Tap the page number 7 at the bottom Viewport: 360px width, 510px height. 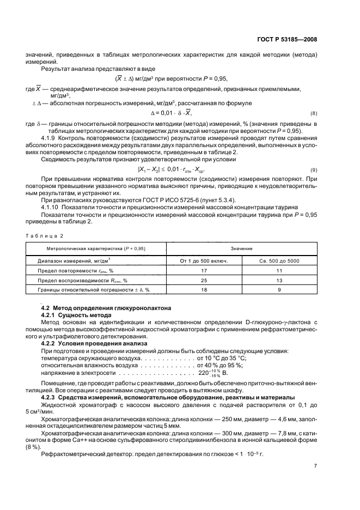click(315, 466)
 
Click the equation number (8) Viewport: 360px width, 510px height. click(313, 113)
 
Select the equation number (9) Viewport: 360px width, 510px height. click(313, 171)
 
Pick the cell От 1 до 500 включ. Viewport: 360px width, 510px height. click(203, 261)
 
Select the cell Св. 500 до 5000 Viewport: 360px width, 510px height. click(278, 261)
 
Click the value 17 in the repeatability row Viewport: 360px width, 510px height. click(203, 270)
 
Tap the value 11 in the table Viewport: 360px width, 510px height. click(278, 270)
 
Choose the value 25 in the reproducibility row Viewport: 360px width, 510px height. click(203, 280)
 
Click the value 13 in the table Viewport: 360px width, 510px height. click(278, 280)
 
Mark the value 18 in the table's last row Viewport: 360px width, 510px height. click(203, 290)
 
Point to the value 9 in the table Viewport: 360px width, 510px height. click(278, 290)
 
